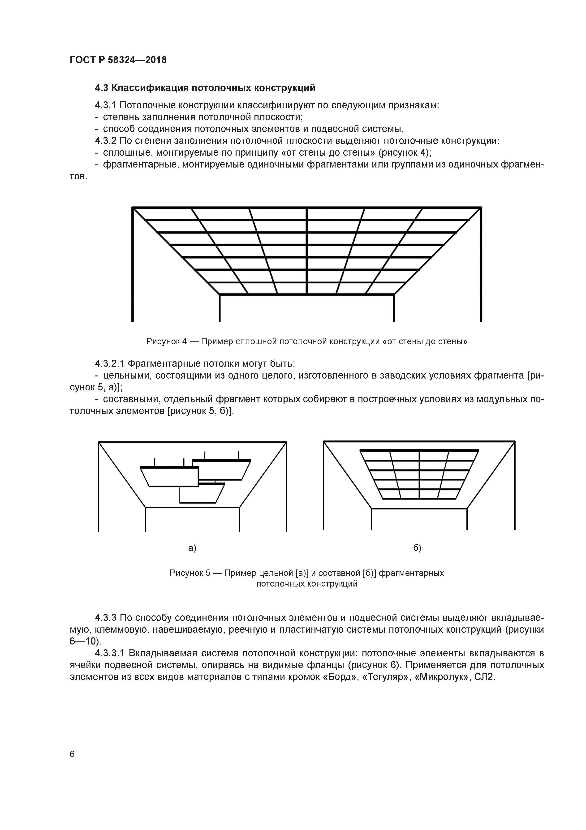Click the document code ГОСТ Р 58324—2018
pyautogui.click(x=118, y=60)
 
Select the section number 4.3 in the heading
pyautogui.click(x=102, y=88)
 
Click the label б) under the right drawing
pyautogui.click(x=417, y=548)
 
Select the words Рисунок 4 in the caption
pyautogui.click(x=166, y=341)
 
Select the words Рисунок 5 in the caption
pyautogui.click(x=190, y=573)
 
